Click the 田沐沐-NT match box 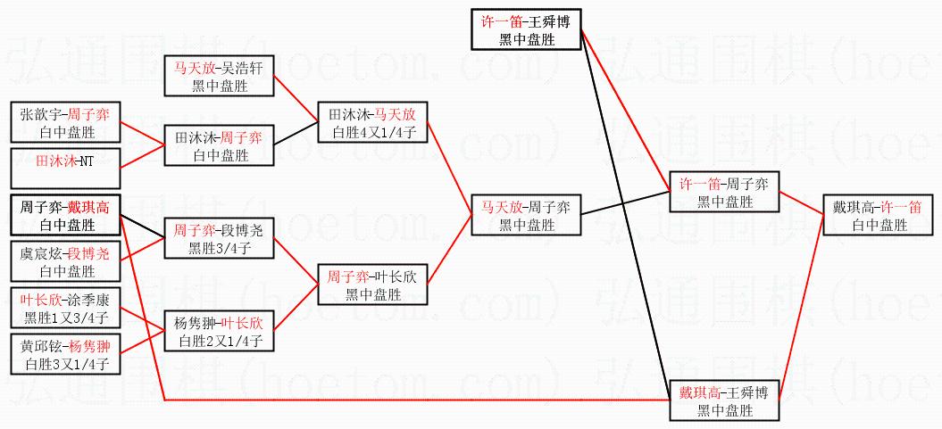coord(65,161)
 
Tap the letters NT coord(86,161)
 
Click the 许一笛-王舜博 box coord(527,28)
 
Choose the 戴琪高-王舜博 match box coord(724,400)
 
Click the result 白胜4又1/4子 coord(374,132)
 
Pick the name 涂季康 coord(91,299)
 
